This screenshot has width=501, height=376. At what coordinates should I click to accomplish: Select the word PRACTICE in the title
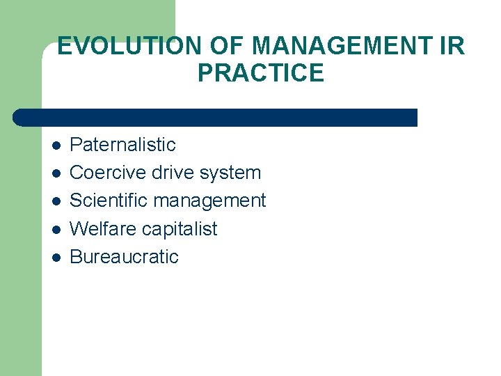coord(261,73)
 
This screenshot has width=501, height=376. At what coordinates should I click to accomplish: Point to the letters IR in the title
coord(452,47)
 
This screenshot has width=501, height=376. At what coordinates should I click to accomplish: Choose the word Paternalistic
coord(122,146)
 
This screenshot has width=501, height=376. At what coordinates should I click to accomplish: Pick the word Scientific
coord(109,201)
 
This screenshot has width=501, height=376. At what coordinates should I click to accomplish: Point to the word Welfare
coord(101,229)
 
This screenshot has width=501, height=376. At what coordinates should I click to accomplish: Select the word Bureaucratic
coord(124,257)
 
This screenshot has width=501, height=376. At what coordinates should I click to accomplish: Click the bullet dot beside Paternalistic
coord(56,146)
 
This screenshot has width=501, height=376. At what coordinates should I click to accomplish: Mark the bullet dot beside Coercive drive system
coord(56,173)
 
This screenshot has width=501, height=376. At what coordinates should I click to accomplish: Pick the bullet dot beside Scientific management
coord(56,201)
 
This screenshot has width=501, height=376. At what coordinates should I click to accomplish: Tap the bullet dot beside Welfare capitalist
coord(56,229)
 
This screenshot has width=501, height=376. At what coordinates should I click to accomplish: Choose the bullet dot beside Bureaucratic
coord(56,257)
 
